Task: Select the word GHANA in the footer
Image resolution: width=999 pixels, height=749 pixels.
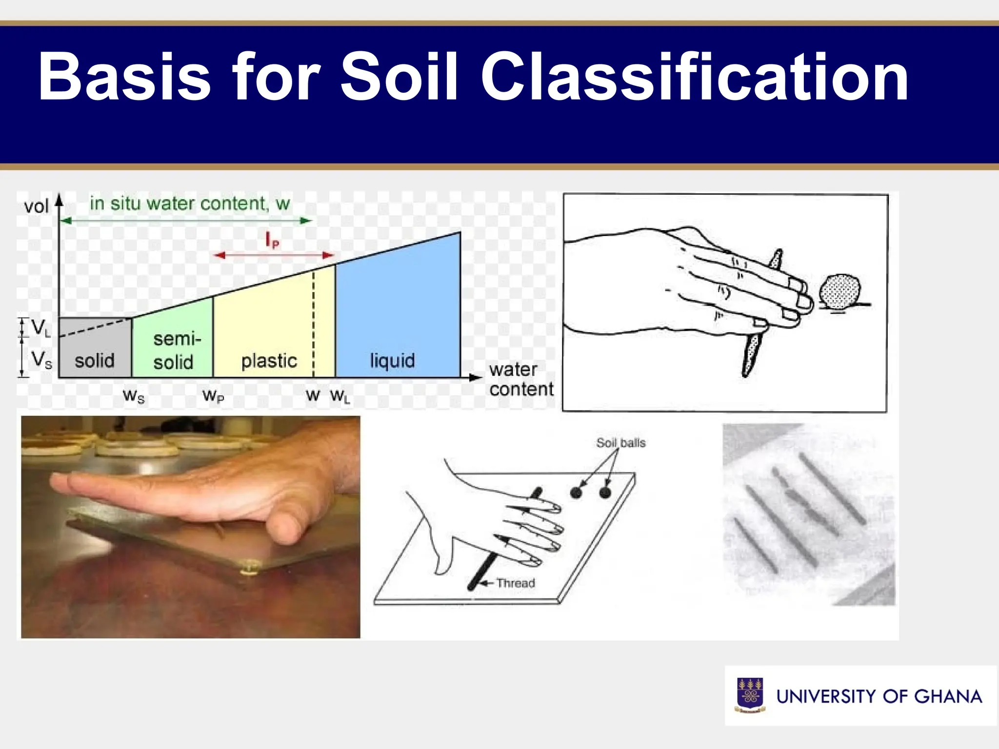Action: click(948, 696)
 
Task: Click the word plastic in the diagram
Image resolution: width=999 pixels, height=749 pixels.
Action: click(269, 360)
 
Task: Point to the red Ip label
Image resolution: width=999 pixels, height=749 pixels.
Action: click(272, 240)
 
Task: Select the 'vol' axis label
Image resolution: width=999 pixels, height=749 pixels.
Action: click(36, 206)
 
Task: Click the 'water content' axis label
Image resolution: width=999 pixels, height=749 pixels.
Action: click(521, 379)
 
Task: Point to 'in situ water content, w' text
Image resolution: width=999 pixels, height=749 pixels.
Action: click(190, 203)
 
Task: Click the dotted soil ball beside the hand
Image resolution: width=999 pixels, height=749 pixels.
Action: click(839, 291)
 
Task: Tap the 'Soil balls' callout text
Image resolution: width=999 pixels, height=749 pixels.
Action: click(620, 443)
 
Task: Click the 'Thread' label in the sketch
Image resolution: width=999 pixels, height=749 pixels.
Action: click(516, 583)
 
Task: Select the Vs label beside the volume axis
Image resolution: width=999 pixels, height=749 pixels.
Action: click(41, 360)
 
